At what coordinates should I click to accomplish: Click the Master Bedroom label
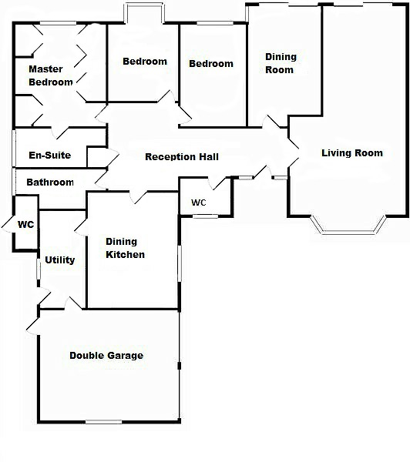pos(51,75)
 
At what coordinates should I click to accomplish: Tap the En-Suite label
pos(50,156)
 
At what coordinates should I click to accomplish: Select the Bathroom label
pos(50,182)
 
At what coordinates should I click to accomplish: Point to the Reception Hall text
pos(182,156)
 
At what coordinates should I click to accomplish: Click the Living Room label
pos(352,153)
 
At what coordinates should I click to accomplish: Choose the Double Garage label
pos(106,355)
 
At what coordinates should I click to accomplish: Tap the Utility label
pos(60,260)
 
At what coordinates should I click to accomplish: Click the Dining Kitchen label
pos(125,248)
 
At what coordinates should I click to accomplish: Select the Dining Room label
pos(281,63)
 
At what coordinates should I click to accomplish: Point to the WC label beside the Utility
pos(26,225)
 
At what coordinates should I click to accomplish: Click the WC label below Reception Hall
pos(199,203)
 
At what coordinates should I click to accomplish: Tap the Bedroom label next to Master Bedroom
pos(145,62)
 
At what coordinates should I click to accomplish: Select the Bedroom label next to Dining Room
pos(211,64)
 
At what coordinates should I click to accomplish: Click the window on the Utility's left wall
pos(39,269)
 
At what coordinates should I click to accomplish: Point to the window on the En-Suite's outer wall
pos(14,148)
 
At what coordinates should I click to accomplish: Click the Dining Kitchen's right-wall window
pos(180,263)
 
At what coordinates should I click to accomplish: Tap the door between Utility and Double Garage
pos(73,303)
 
